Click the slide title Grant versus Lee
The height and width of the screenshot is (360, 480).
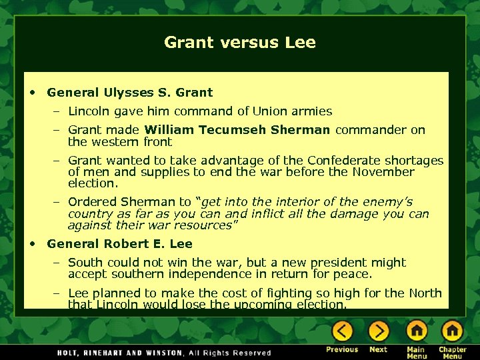coord(240,43)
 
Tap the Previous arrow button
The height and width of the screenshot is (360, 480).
coord(342,331)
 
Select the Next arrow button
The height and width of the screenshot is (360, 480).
coord(379,331)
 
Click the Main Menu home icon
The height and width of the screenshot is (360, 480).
coord(416,331)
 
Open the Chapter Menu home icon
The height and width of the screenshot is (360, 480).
coord(452,331)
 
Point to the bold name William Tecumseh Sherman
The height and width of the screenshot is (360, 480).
coord(237,130)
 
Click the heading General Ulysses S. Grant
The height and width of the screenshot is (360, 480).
coord(130,93)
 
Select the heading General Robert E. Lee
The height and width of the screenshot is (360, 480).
coord(120,244)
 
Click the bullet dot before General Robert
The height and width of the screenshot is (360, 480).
coord(33,244)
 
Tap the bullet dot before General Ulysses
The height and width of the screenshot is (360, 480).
coord(33,93)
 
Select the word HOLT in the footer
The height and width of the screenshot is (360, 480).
coord(69,353)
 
